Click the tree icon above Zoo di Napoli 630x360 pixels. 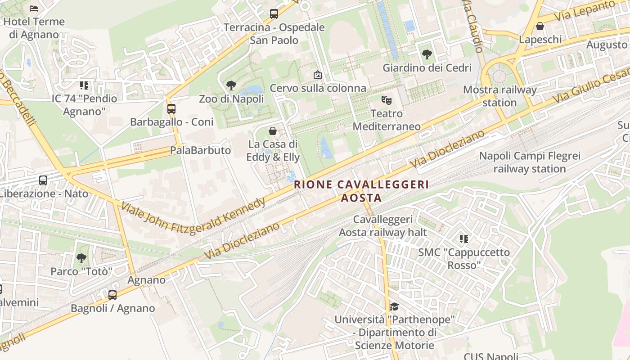(x=231, y=85)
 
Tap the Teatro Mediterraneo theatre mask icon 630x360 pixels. (x=386, y=100)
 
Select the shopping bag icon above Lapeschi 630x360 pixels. (x=540, y=26)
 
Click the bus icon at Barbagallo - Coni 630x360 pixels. (x=171, y=108)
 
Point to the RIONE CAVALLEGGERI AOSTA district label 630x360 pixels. (x=361, y=191)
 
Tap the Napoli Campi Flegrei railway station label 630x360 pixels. (x=530, y=162)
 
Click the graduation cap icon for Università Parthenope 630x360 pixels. (x=394, y=306)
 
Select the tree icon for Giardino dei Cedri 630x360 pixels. (x=427, y=54)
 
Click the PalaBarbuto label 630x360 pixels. (x=200, y=150)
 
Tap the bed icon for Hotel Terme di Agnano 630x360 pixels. (x=34, y=8)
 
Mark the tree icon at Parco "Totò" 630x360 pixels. (x=81, y=258)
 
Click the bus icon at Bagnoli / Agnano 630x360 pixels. (x=112, y=295)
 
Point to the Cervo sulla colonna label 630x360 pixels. (x=318, y=88)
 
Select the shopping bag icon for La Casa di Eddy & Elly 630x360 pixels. (x=272, y=131)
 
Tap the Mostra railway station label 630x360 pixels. (x=499, y=96)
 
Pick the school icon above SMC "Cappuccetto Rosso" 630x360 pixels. (x=464, y=238)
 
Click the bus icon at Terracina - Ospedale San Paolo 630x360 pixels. (x=274, y=14)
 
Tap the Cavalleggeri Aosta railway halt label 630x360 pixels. (x=382, y=226)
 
